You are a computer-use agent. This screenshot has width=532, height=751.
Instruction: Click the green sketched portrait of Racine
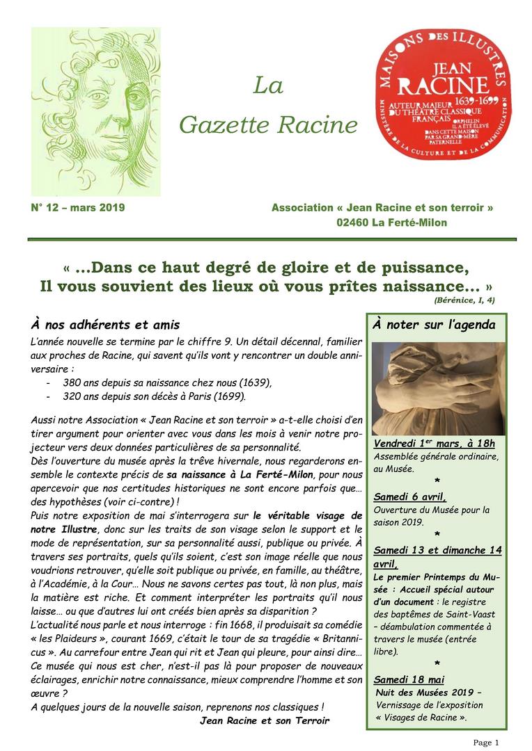tap(95, 111)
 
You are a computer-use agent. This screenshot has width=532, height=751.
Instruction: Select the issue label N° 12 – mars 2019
tap(78, 208)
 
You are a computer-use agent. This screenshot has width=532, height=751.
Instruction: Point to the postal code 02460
tap(352, 223)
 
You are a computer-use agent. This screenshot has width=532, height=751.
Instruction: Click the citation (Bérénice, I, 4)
tap(464, 300)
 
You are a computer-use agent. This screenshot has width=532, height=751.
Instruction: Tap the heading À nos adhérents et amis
tap(105, 325)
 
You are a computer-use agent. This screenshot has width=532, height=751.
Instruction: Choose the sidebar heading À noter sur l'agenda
tap(434, 325)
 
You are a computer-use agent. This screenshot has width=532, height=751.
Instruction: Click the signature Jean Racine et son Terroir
tap(264, 720)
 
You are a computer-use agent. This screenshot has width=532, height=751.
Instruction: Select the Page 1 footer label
tap(486, 743)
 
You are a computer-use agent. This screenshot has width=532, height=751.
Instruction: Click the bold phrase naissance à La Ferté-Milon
tap(240, 474)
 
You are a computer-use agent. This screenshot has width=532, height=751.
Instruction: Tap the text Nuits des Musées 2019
tap(427, 693)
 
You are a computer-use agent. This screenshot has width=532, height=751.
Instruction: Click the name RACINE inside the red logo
tap(434, 85)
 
